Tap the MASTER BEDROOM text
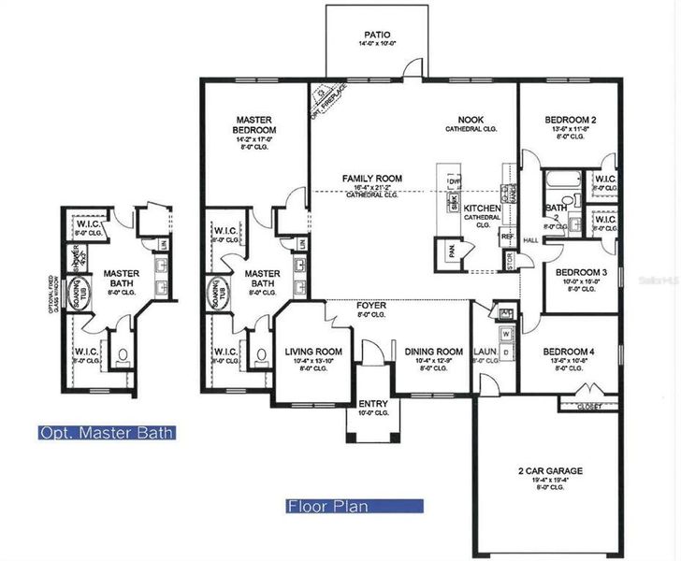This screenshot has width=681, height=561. [x=254, y=124]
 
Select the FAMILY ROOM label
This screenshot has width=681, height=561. [x=371, y=178]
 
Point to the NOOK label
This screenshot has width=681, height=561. [x=470, y=120]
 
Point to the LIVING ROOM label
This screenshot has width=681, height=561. [x=313, y=352]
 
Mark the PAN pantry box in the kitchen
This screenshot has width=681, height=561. [x=452, y=252]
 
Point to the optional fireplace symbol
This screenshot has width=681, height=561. [x=324, y=94]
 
